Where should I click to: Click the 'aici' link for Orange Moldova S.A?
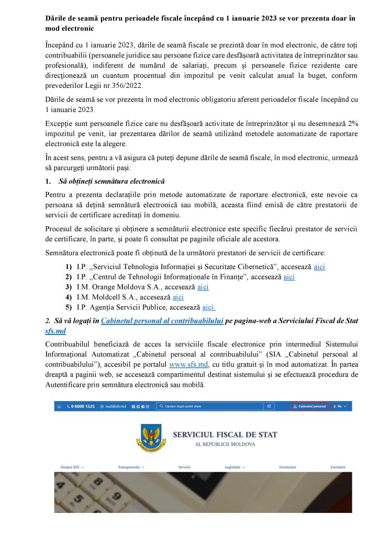pos(203,287)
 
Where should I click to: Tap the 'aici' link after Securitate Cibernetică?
pos(319,266)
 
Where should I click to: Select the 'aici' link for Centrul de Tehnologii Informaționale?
pos(289,277)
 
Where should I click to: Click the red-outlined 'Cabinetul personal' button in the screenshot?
pos(309,406)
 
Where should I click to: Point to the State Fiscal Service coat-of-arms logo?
pos(152,438)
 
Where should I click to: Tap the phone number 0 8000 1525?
pos(80,406)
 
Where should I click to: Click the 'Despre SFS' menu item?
pos(72,467)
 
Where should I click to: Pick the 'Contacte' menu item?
pos(338,467)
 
